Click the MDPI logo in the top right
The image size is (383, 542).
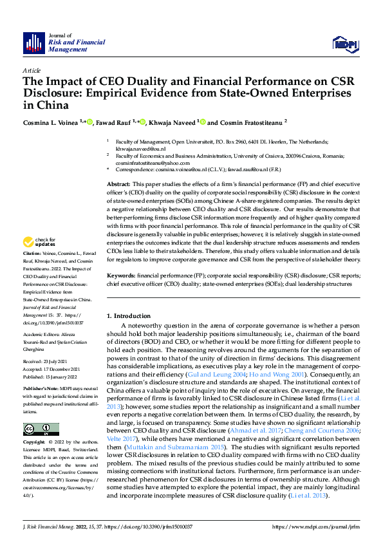[x=343, y=43]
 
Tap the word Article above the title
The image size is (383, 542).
[x=31, y=70]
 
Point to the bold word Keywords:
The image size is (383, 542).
[x=122, y=274]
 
